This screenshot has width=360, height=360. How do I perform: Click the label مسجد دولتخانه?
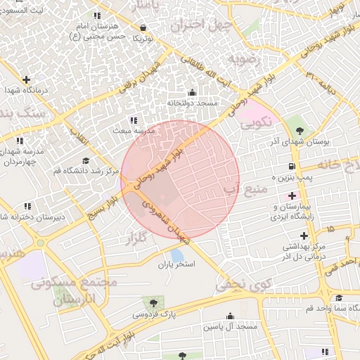[x=193, y=103]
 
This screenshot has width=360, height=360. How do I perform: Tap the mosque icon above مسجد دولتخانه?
[x=193, y=92]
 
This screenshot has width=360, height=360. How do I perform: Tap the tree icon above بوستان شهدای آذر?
[x=300, y=130]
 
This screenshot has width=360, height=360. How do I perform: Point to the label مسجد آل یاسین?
[x=229, y=328]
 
